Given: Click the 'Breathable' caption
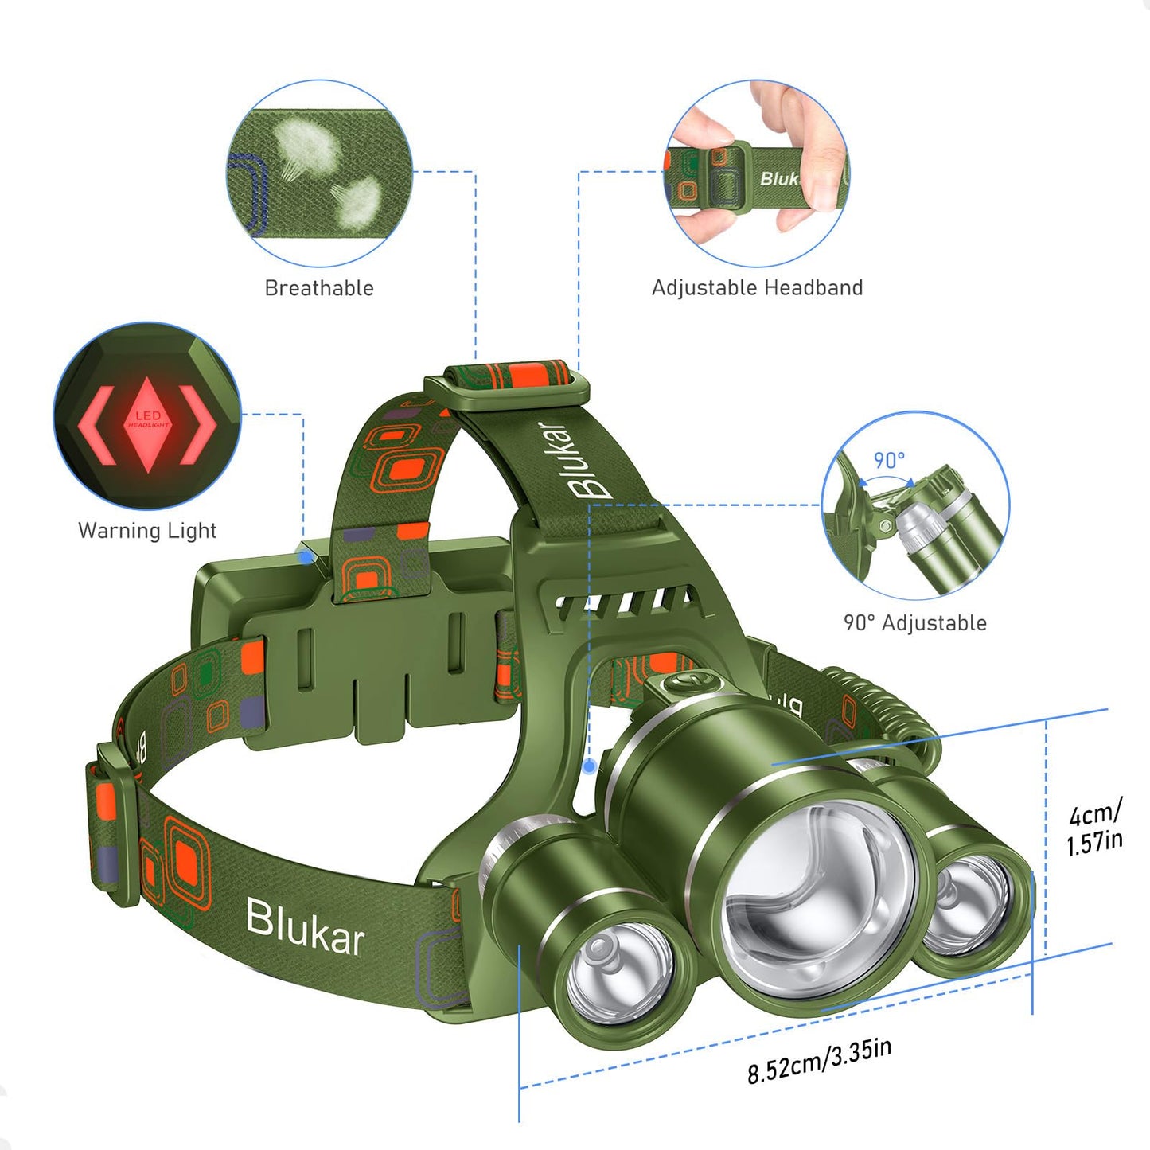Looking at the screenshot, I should coord(319,288).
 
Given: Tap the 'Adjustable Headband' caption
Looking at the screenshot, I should coord(757,287).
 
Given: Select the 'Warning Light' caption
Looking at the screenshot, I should coord(147,531).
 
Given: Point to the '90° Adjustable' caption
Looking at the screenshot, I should coord(914,623).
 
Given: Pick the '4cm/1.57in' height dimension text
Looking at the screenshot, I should coord(1094,828).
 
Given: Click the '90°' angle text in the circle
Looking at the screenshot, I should coord(889,460).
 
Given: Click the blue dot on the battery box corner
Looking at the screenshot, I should coord(306,556).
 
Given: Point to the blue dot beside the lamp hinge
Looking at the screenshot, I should coord(589,766).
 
